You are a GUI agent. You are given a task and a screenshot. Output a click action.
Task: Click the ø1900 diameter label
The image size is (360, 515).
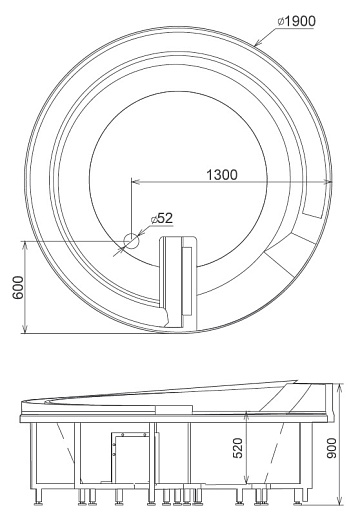[296, 21]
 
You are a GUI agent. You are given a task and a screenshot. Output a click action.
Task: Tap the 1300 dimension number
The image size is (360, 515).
[222, 175]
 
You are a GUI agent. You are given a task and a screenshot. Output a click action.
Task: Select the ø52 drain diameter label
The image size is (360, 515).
[162, 218]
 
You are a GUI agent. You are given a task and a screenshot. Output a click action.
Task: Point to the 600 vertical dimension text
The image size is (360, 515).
[18, 287]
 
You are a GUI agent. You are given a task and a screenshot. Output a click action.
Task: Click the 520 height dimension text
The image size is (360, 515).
[238, 448]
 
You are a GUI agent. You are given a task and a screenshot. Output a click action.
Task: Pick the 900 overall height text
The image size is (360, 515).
[332, 448]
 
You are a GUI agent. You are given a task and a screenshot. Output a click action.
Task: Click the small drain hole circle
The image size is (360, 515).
[131, 241]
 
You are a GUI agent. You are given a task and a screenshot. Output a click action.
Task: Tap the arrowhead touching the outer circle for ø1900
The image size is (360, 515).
[258, 43]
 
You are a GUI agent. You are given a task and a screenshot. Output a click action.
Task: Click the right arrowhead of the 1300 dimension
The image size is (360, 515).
[328, 181]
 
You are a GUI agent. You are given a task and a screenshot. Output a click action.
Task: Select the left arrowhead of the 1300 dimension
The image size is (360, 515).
[135, 181]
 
